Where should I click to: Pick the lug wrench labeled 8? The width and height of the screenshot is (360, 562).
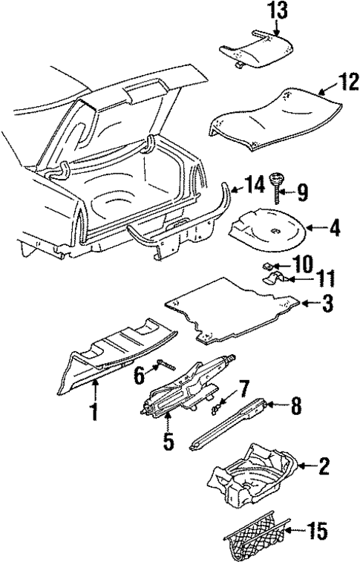point(229,426)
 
